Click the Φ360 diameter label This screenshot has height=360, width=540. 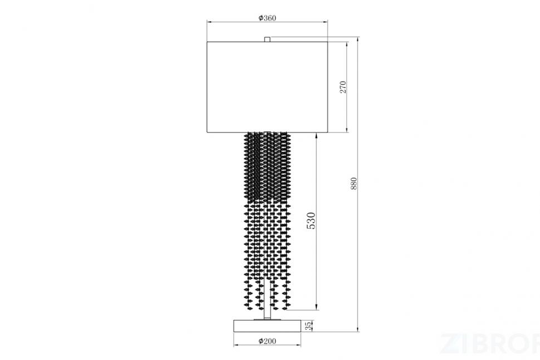pos(267,18)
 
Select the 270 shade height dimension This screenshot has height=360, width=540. pos(343,87)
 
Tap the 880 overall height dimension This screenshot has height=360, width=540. pos(354,184)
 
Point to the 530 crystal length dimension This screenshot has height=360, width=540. pos(311,221)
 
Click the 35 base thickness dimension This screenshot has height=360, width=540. pos(309,326)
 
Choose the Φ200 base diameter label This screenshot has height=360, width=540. pos(267,341)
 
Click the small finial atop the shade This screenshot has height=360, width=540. pos(267,40)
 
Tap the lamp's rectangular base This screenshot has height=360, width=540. pos(267,326)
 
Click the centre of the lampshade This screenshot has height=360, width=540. pos(267,87)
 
